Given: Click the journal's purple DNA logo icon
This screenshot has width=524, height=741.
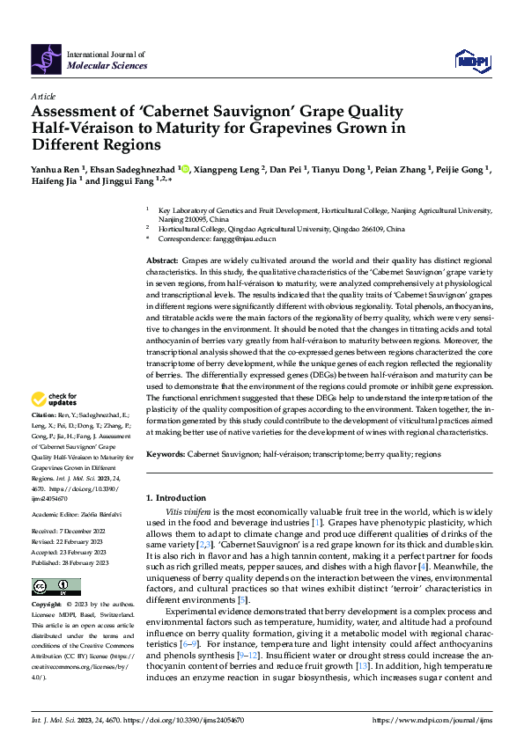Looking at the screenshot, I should point(47,58).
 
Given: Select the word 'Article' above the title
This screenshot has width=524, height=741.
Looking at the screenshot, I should point(43,95).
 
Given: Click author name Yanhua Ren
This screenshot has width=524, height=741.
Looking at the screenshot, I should point(54,167).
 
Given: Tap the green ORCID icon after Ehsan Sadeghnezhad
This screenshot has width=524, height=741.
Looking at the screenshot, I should point(183,167).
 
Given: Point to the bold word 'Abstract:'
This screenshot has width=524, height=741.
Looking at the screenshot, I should point(162,261).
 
